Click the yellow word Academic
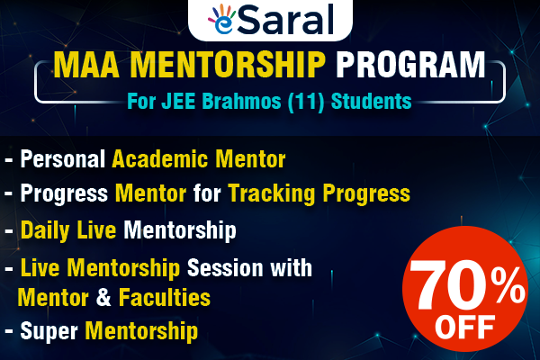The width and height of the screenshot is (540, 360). pyautogui.click(x=158, y=161)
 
